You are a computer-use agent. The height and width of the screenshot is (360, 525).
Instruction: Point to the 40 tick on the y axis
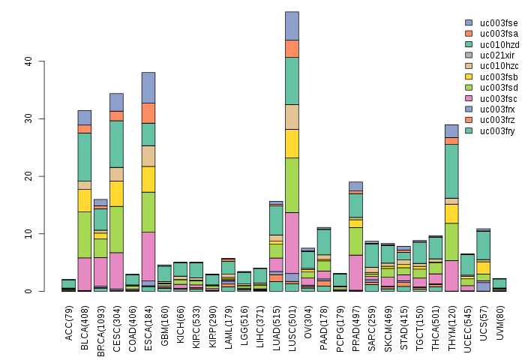(40, 61)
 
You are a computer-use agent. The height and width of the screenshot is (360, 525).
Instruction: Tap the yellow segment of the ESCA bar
(148, 179)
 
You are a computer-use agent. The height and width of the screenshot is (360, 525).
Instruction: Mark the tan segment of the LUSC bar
(292, 117)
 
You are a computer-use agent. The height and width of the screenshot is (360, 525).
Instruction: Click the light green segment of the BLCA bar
(85, 235)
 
